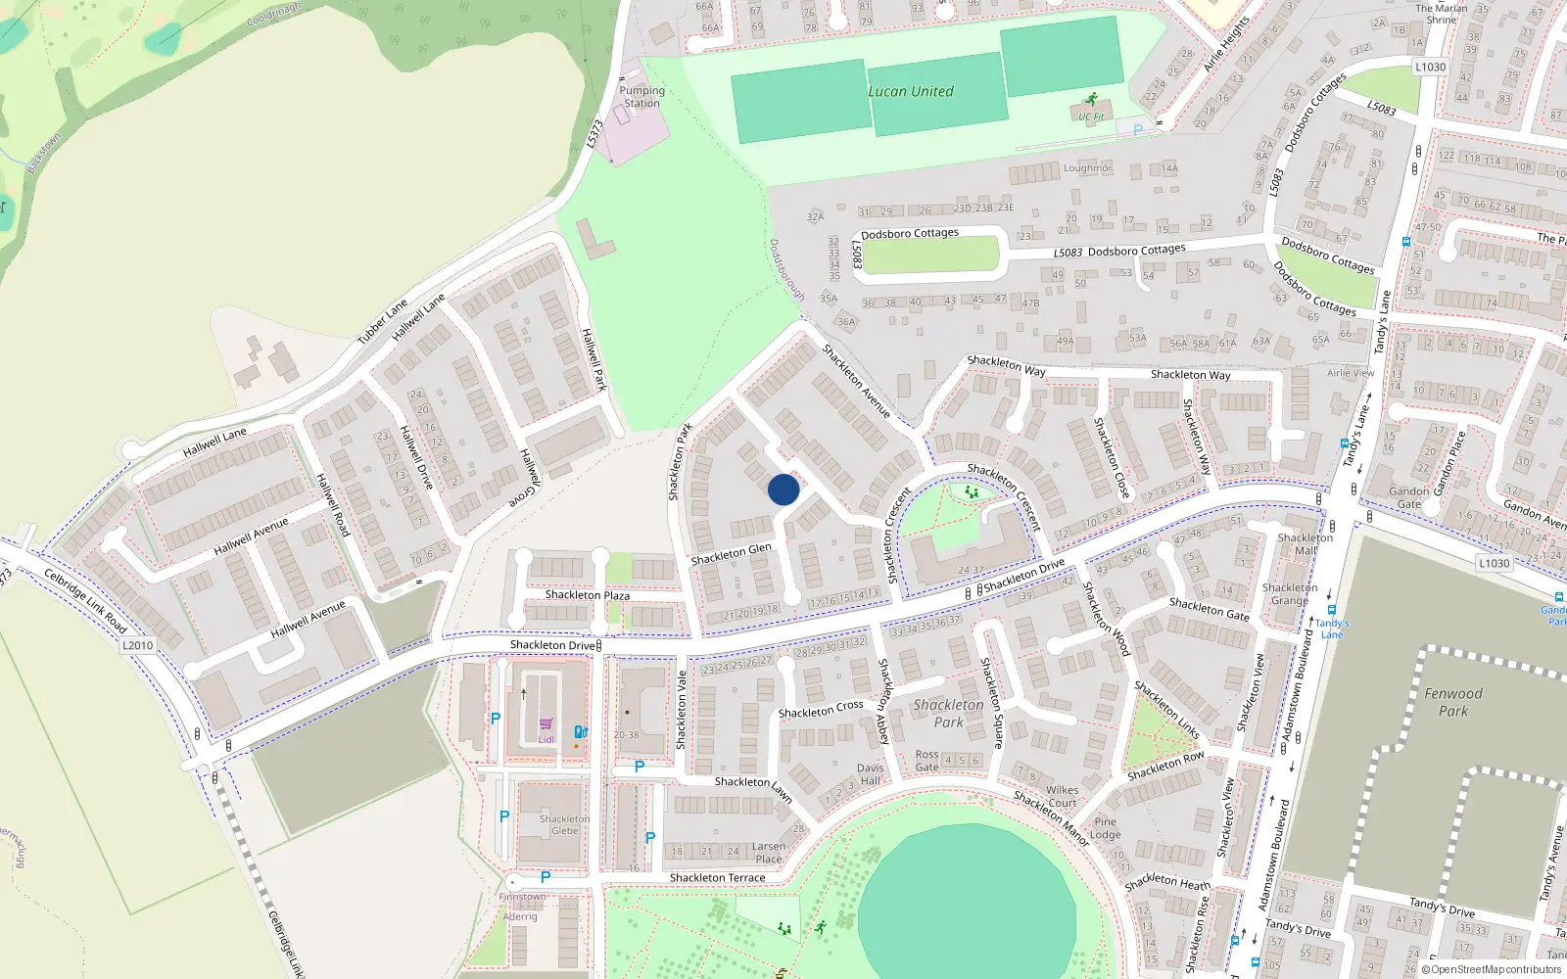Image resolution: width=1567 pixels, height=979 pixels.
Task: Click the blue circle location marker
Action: (783, 489)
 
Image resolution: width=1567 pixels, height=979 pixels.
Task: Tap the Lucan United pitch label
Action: (910, 91)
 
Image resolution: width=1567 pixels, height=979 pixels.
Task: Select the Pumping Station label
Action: (641, 97)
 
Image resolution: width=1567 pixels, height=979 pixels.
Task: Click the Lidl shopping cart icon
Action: (546, 724)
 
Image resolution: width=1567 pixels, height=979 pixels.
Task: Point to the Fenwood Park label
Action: (1453, 702)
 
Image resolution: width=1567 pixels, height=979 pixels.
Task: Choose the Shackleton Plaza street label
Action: (588, 595)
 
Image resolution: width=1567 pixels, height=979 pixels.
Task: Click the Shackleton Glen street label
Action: (731, 555)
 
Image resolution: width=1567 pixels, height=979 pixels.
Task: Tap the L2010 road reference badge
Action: (138, 645)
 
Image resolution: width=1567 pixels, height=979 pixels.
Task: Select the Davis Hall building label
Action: (870, 774)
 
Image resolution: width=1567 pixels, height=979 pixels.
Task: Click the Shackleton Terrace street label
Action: (717, 878)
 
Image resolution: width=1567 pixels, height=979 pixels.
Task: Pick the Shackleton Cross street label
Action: (821, 710)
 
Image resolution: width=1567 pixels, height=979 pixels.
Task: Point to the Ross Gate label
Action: (926, 761)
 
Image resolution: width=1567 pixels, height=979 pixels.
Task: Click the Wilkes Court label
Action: (1062, 796)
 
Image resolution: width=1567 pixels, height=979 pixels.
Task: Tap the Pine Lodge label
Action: (1105, 828)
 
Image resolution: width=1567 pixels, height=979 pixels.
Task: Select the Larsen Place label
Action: (769, 853)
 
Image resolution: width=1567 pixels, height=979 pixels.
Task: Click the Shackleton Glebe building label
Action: (564, 825)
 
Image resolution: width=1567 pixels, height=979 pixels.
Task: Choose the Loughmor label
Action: (1087, 168)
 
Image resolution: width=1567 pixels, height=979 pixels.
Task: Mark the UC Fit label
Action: (1091, 117)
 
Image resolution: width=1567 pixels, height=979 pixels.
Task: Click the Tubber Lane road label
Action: (382, 322)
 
